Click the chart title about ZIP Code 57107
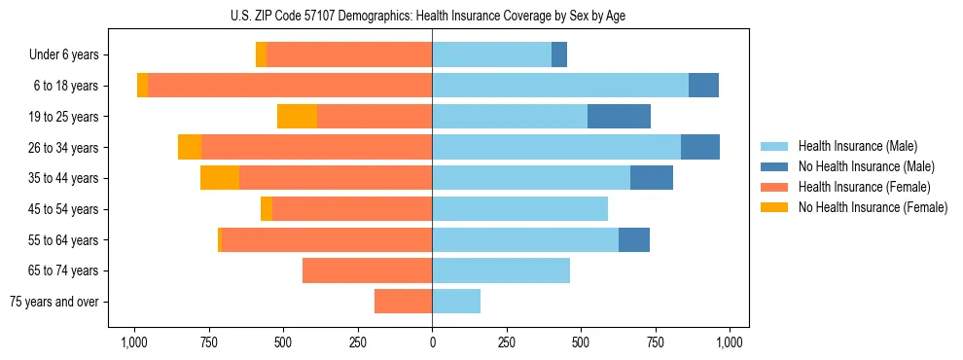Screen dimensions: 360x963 coord(432,15)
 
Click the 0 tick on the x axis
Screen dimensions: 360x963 coord(432,342)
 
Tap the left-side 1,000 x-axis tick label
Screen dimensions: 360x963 coord(134,342)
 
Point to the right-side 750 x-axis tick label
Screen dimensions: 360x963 coord(655,342)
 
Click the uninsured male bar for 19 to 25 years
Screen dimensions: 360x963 coord(619,117)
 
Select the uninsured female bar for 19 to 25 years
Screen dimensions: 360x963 coord(297,117)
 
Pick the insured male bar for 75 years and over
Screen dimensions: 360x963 coord(456,302)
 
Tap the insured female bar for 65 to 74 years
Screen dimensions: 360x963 coord(367,270)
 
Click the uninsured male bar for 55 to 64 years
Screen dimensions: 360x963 coord(634,240)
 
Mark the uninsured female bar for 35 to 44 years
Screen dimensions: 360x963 coord(220,178)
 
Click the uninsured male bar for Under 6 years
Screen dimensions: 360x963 coord(559,55)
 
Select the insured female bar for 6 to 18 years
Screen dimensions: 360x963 coord(290,86)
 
